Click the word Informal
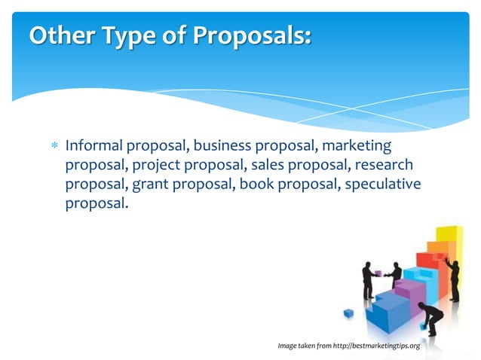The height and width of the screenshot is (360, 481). (x=95, y=145)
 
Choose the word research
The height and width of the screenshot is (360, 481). (x=386, y=164)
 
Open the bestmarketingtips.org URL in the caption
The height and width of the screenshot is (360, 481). (x=374, y=346)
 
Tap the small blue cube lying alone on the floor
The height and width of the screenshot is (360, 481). (x=348, y=313)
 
